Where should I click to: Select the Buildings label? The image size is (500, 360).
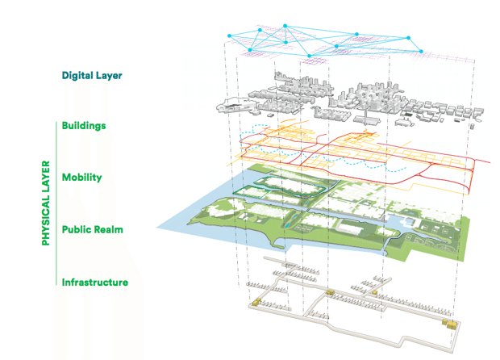(84, 126)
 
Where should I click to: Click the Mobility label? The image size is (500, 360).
(81, 177)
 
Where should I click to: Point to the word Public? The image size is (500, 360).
(77, 229)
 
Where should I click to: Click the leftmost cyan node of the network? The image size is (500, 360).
(230, 36)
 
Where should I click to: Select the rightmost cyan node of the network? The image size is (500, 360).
(423, 52)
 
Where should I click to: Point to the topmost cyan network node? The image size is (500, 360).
(260, 30)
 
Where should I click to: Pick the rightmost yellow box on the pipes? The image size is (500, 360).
(451, 324)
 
